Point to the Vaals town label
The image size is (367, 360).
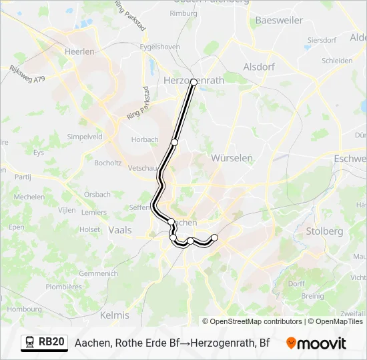[x=119, y=229]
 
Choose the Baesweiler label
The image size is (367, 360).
[x=280, y=21]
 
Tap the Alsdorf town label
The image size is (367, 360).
[x=259, y=67]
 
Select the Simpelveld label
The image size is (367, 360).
[x=84, y=136]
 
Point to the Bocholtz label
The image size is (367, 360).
[x=107, y=163]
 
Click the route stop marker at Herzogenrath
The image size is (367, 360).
[x=194, y=82]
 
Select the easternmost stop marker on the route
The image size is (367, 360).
[x=214, y=237]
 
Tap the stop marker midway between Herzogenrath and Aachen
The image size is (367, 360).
[x=174, y=142]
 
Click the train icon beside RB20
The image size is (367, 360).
[x=29, y=343]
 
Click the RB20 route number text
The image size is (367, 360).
[x=52, y=343]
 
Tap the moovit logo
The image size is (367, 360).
[x=316, y=343]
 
